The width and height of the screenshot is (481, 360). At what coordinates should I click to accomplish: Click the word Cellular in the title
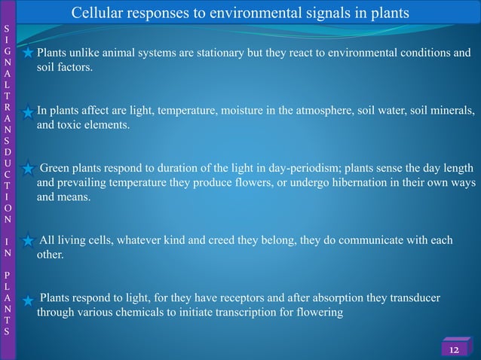98,14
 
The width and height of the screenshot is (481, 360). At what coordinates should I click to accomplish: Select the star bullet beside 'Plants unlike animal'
27,54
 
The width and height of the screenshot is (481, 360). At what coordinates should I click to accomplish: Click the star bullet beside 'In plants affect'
27,113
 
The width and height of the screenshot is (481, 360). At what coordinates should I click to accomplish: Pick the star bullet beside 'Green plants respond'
27,169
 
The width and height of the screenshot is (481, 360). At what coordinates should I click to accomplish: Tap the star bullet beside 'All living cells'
27,242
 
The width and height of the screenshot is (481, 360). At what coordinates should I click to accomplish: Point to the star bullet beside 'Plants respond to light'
27,301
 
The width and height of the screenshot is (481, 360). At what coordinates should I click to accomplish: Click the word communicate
372,241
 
